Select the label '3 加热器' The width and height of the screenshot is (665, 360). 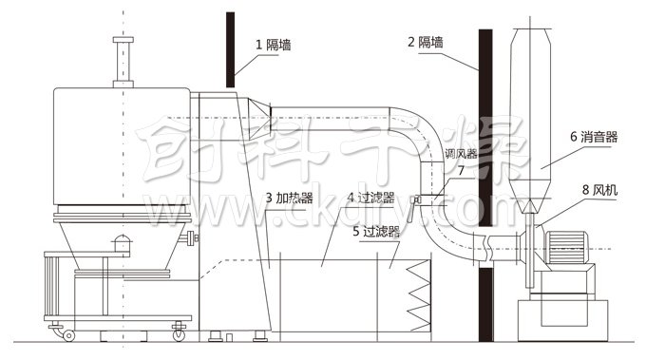(x=291, y=199)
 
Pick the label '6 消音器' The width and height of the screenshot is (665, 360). (x=594, y=137)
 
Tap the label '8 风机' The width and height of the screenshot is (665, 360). (x=599, y=190)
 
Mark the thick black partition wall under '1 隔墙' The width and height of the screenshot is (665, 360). (x=230, y=47)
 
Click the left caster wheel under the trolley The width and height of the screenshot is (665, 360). (x=68, y=333)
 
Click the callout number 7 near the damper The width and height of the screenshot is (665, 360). (x=461, y=172)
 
